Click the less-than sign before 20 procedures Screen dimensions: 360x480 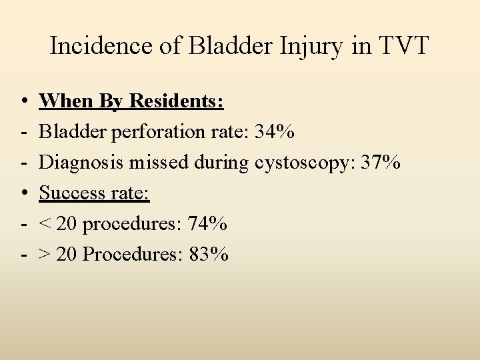click(45, 225)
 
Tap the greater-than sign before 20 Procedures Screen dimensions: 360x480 click(45, 255)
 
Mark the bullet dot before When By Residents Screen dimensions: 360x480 click(23, 102)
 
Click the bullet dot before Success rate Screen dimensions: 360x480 click(23, 194)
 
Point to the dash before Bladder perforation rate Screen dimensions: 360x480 click(23, 133)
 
